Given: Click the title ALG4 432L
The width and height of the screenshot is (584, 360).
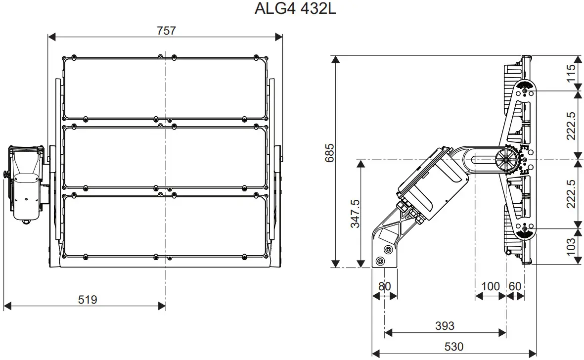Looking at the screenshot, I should [295, 9].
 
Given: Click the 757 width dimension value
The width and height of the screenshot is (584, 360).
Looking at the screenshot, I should [166, 31].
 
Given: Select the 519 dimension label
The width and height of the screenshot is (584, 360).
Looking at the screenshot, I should [88, 299].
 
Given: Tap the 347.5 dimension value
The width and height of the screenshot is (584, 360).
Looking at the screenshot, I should [355, 214].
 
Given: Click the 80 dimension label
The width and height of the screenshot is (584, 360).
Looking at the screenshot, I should [384, 286].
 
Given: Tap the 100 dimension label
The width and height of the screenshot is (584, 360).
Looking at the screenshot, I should [490, 286].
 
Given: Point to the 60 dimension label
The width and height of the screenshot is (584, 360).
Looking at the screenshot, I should [515, 286].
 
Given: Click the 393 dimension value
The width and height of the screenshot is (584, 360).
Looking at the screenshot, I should [445, 325].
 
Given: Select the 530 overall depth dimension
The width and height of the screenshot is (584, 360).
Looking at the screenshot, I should [453, 347].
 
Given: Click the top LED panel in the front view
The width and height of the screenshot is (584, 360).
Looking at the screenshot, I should [165, 88].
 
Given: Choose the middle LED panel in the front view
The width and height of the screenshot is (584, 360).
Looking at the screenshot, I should [165, 157].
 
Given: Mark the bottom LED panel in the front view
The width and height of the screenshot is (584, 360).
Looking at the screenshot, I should [165, 225].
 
